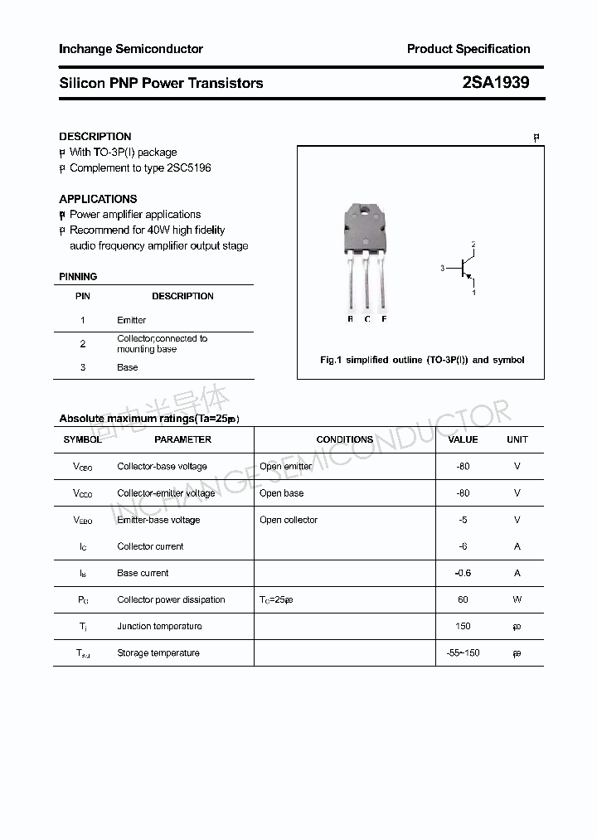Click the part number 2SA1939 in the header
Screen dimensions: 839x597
coord(495,83)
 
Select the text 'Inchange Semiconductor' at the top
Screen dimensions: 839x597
coord(130,49)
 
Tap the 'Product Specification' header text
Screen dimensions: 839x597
coord(468,49)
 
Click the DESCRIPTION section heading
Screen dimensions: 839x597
coord(95,136)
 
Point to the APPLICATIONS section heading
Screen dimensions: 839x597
coord(98,199)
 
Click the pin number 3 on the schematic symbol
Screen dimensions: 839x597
coord(443,268)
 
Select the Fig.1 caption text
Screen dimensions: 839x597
coord(422,360)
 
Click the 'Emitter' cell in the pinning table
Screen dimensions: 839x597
coord(131,320)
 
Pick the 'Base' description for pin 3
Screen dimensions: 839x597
coord(127,367)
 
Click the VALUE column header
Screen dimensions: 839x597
coord(463,439)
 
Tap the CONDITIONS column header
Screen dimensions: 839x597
coord(344,439)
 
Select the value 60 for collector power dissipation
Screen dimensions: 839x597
coord(463,599)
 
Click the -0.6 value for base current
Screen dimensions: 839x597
coord(463,573)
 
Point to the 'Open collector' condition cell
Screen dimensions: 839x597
coord(288,520)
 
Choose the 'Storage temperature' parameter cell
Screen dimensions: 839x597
coord(158,653)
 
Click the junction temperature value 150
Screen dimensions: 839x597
coord(463,626)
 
